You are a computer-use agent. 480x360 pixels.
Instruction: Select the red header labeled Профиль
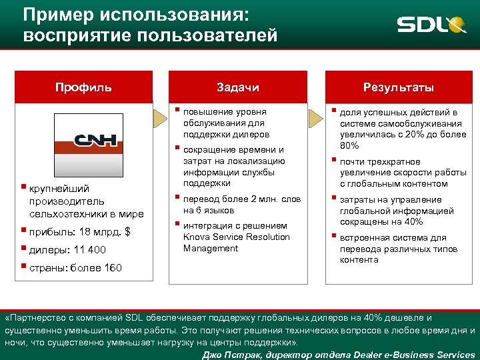point(83,87)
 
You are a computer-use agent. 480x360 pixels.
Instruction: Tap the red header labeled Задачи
point(238,87)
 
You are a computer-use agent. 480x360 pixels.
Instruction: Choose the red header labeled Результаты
point(399,87)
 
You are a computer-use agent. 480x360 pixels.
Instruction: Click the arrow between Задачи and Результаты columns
point(317,119)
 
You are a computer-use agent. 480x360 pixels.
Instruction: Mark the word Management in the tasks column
point(211,249)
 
